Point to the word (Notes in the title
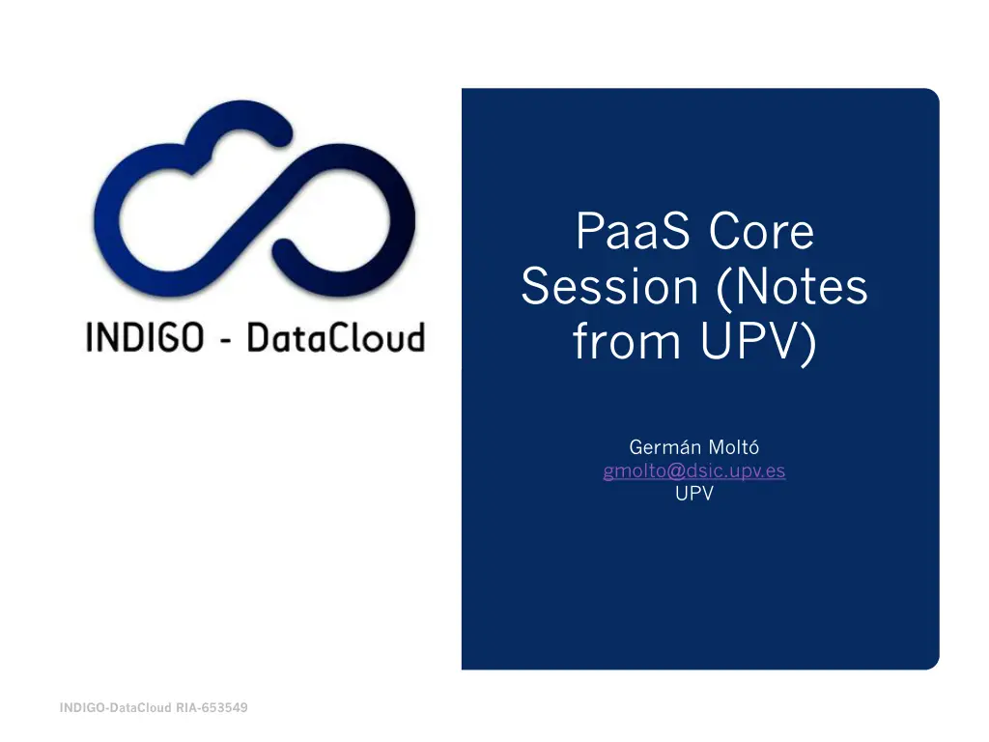[792, 287]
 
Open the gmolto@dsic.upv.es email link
[693, 471]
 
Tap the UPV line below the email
[693, 495]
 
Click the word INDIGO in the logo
[145, 337]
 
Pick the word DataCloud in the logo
[334, 337]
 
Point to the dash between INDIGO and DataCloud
[223, 339]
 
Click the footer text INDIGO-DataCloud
[116, 708]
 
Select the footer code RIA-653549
[212, 708]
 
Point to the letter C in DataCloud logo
[325, 337]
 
